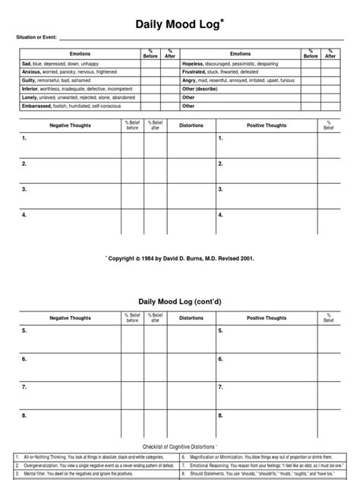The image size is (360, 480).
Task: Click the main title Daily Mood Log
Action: coord(179,25)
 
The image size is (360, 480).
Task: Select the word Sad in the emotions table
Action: coord(26,65)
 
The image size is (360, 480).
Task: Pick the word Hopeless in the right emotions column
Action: coord(196,65)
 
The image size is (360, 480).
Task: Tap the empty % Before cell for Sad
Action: coord(149,65)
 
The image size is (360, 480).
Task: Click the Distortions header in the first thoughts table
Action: coord(191,125)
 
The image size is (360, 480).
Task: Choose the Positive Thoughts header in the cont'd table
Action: coord(266,318)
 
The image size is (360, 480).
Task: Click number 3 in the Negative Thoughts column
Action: coord(24,189)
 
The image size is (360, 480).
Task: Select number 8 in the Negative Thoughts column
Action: coord(24,415)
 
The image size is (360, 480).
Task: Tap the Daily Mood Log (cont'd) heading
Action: coord(179,301)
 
